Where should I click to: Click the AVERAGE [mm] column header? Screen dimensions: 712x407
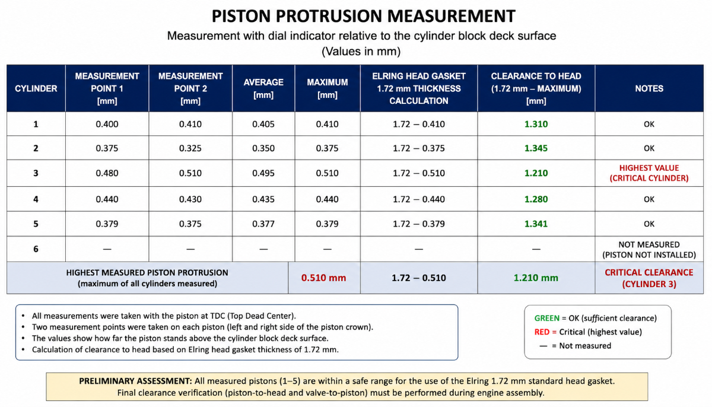click(263, 88)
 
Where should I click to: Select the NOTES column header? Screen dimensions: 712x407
click(649, 88)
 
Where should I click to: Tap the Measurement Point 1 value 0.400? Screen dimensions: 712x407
click(107, 124)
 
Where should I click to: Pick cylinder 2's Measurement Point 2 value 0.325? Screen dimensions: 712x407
click(190, 148)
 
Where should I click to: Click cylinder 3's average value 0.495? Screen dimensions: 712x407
click(263, 173)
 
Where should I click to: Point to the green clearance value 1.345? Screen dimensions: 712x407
click(536, 148)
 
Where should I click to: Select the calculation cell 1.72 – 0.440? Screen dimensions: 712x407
click(419, 199)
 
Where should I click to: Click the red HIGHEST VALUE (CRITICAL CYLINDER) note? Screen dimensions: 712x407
click(649, 173)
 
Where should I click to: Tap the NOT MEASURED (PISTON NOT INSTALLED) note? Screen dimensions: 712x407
click(649, 249)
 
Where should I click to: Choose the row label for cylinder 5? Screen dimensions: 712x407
click(36, 224)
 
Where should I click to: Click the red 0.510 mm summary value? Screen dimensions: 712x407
click(323, 278)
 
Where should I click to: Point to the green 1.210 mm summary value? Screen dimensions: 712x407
click(536, 278)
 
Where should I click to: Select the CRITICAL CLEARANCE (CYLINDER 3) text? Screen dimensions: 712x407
click(649, 278)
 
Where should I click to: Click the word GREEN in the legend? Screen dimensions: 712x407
click(546, 318)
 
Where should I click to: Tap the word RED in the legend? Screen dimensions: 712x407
click(542, 332)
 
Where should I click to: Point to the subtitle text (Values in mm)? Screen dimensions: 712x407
click(361, 51)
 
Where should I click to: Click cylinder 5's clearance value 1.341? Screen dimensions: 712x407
click(536, 224)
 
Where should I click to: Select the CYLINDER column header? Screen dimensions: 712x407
click(36, 88)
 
